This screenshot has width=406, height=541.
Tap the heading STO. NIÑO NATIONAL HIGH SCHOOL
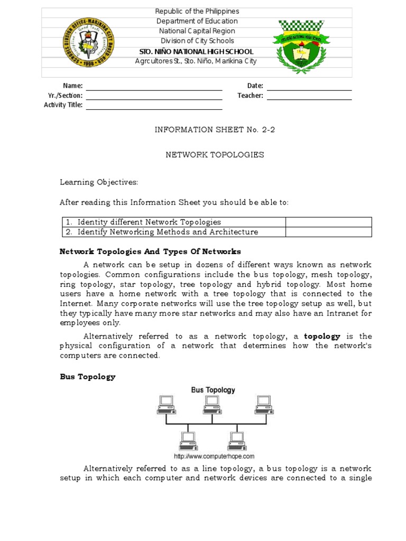click(197, 51)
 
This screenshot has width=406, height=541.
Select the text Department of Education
click(197, 21)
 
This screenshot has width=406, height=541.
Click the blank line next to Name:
click(154, 86)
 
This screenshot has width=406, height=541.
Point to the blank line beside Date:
click(309, 86)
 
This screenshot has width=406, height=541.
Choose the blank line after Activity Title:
click(154, 105)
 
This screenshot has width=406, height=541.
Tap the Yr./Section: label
click(65, 96)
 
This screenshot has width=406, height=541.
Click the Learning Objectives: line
click(98, 182)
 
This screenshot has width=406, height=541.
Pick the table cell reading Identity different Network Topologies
click(149, 222)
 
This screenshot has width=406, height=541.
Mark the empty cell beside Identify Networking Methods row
click(328, 232)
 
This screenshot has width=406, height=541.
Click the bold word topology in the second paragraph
click(322, 336)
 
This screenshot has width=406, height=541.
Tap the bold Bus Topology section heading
click(87, 377)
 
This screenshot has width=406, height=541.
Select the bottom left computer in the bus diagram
click(188, 440)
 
